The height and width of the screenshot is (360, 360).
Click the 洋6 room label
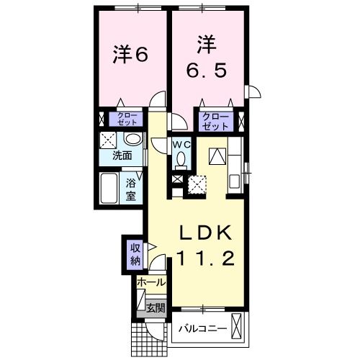[x=130, y=55]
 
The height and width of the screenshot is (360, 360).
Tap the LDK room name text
[x=205, y=232]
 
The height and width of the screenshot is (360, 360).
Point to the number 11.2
[x=205, y=257]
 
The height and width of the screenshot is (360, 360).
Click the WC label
[x=179, y=143]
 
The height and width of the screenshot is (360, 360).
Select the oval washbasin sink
[x=132, y=139]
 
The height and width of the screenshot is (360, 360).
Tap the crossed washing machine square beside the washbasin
[x=108, y=140]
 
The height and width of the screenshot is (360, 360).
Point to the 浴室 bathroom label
[x=132, y=189]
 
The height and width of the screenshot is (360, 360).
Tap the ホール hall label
[x=151, y=282]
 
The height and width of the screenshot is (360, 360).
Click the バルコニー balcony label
[x=203, y=329]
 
